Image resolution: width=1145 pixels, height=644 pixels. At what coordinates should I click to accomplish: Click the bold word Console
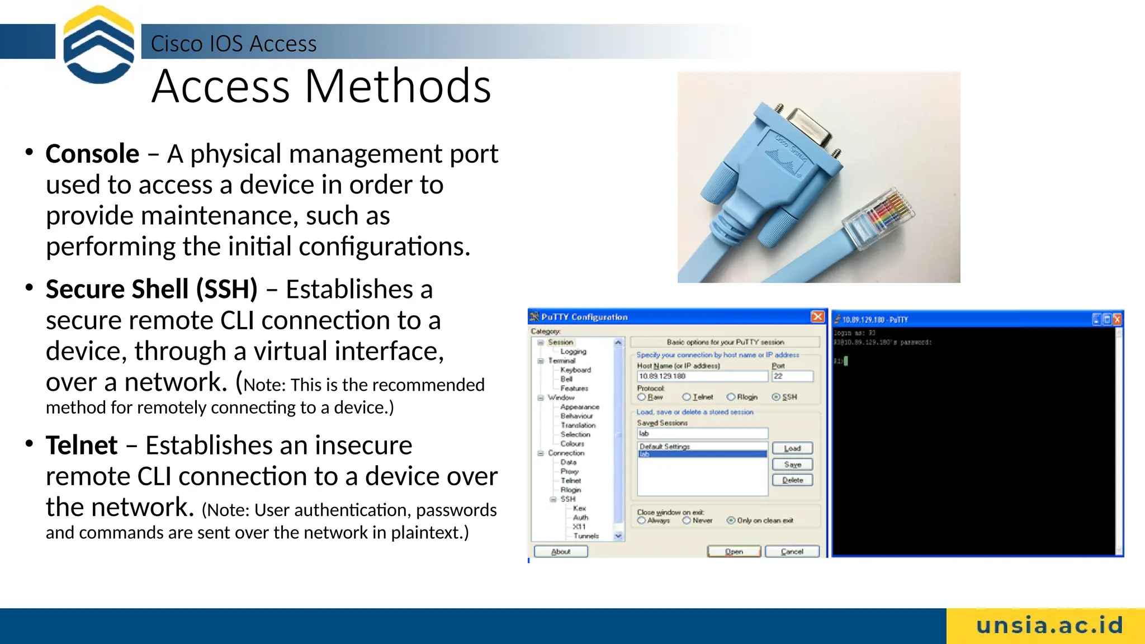coord(92,154)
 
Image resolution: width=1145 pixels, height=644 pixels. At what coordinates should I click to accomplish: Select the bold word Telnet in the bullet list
coord(82,446)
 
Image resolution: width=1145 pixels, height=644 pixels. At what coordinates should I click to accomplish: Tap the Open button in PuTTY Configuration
coord(734,551)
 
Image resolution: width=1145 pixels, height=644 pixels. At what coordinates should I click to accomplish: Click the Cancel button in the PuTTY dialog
coord(792,551)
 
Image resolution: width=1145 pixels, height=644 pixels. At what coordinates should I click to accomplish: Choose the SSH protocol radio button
coord(776,397)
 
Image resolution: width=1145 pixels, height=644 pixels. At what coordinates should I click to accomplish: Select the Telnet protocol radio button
coord(687,397)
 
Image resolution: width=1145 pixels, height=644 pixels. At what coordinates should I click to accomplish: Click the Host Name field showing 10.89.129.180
coord(702,376)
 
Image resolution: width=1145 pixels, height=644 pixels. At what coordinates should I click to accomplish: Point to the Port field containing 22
coord(792,376)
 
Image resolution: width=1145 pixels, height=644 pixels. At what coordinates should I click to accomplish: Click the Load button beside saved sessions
coord(792,448)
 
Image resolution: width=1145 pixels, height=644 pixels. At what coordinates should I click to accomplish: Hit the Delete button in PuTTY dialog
coord(792,480)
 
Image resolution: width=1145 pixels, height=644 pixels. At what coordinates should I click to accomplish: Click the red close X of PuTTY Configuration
coord(817,316)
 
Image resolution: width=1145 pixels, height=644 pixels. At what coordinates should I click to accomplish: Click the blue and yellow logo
coord(98,45)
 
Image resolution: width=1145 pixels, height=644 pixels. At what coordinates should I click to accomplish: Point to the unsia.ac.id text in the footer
coord(1049,626)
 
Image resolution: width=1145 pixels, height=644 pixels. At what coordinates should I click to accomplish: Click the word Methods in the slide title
coord(398,87)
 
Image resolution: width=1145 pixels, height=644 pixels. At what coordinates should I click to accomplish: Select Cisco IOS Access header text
coord(234,44)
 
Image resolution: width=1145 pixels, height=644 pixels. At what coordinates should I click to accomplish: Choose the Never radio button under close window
coord(687,520)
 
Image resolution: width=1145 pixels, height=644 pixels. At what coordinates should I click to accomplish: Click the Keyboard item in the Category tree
coord(575,370)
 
